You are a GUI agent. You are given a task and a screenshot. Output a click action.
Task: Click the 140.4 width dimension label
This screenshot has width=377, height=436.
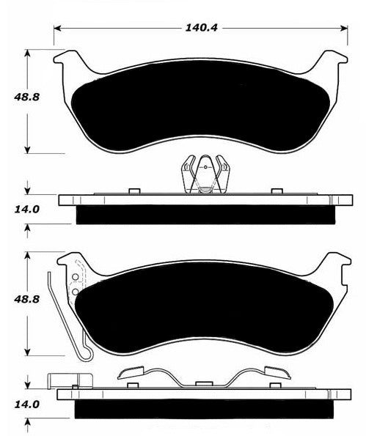click(201, 28)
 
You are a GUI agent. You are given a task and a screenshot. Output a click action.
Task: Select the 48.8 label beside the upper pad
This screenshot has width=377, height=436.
click(26, 97)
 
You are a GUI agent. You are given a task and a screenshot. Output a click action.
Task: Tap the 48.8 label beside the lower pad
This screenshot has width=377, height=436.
click(26, 299)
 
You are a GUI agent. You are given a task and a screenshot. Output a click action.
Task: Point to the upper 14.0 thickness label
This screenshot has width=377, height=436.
click(26, 209)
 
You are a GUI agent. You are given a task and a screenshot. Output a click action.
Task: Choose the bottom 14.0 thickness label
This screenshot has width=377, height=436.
click(26, 404)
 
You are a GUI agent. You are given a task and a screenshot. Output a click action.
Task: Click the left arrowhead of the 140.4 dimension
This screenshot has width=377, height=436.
click(57, 28)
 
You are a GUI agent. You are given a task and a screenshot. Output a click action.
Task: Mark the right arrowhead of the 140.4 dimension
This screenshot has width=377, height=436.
click(344, 28)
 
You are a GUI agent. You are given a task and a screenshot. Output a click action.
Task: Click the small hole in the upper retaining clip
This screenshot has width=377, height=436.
click(205, 167)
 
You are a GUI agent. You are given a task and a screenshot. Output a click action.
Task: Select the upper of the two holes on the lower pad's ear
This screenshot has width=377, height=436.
click(75, 277)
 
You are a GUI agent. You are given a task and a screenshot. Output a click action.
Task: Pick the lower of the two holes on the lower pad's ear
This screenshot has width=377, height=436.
click(75, 292)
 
